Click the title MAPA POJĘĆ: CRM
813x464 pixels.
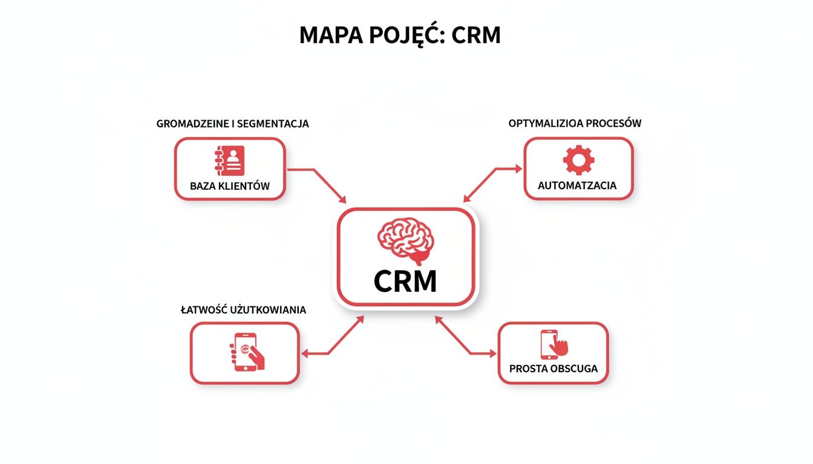coord(400,36)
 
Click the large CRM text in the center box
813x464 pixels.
coord(405,281)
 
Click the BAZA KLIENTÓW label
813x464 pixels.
coord(229,186)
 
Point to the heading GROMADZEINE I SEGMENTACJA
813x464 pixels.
coord(232,124)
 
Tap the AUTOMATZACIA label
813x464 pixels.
coord(578,185)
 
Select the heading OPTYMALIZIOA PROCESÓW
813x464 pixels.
coord(575,123)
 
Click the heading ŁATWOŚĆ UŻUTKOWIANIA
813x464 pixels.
coord(243,310)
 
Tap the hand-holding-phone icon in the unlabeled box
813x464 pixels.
coord(247,352)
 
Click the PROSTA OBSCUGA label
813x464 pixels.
coord(553,368)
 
